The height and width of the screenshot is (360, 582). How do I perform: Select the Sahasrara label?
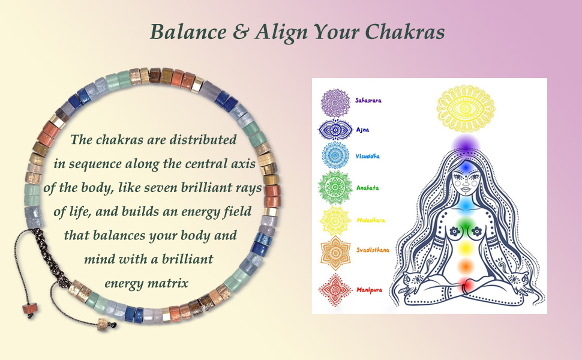367,100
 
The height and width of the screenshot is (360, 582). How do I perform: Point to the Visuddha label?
367,156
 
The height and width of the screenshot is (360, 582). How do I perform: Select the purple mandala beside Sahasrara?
335,100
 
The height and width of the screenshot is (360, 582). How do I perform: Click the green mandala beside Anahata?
335,188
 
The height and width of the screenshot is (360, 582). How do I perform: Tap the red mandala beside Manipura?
335,287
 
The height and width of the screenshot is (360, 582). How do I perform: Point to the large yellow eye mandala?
466,108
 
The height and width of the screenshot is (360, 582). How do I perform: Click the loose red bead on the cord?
27,307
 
